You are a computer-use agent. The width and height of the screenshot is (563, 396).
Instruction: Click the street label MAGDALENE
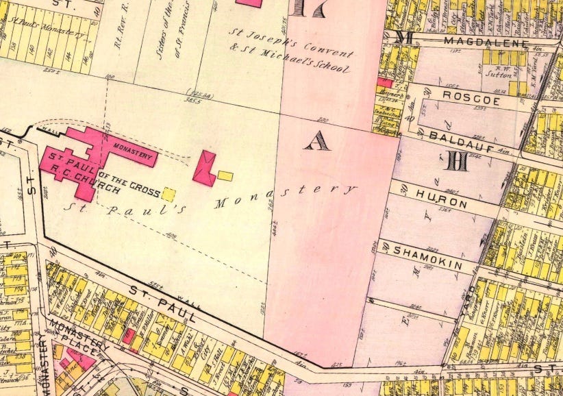(x=486, y=42)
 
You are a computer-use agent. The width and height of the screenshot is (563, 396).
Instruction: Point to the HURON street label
(x=440, y=203)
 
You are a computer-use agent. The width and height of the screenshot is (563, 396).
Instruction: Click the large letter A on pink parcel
(x=316, y=141)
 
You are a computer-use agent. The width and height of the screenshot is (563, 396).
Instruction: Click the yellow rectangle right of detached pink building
(x=225, y=176)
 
